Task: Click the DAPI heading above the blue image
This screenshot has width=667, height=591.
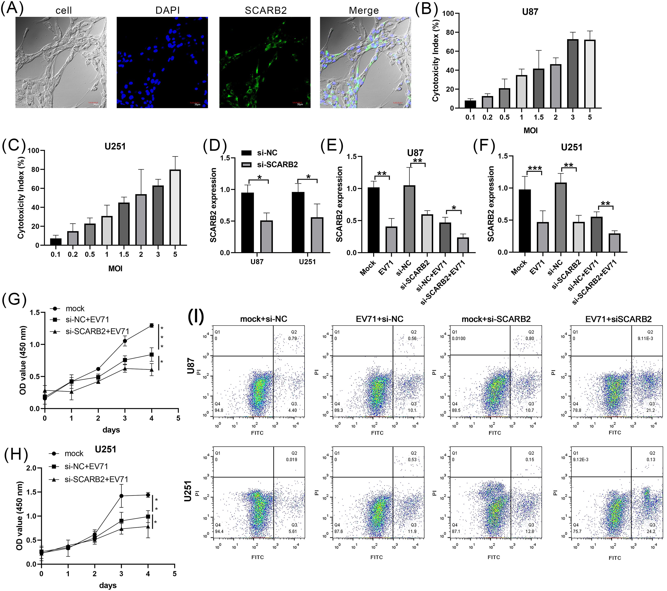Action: tap(167, 10)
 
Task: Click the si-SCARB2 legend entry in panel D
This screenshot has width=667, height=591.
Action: tap(270, 164)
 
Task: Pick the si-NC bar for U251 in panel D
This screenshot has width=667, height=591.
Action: tap(298, 222)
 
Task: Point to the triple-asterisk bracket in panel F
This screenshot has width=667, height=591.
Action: tap(534, 169)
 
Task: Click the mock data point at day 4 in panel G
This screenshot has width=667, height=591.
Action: tap(151, 325)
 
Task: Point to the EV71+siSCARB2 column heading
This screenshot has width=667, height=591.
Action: tap(618, 319)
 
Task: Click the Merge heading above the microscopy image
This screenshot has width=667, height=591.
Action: tap(364, 10)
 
